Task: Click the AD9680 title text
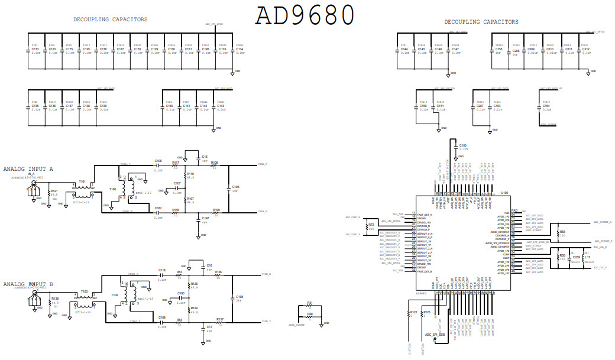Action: (305, 15)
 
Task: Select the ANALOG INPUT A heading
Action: (28, 169)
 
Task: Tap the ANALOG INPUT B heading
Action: (28, 284)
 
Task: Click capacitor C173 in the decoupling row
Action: (35, 50)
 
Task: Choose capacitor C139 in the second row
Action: (103, 106)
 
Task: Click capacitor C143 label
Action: (221, 106)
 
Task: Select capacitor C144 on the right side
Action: (404, 50)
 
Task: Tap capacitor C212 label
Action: (585, 50)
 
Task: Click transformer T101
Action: (82, 182)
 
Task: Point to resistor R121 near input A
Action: (54, 192)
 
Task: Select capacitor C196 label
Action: (235, 187)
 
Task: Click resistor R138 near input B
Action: (54, 299)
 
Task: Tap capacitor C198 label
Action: (239, 297)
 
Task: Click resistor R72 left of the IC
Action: (371, 225)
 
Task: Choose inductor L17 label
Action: (587, 257)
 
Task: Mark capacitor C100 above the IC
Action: (463, 145)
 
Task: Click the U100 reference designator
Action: (504, 193)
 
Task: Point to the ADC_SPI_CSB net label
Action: (435, 335)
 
